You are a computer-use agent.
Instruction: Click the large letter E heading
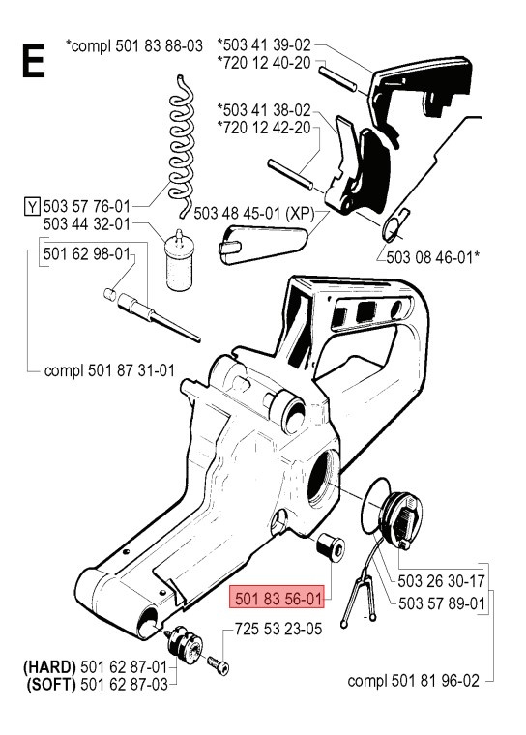[32, 61]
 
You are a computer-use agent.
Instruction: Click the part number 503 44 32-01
[87, 224]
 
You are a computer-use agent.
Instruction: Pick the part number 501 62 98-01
[87, 254]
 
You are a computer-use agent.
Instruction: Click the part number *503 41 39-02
[265, 44]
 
